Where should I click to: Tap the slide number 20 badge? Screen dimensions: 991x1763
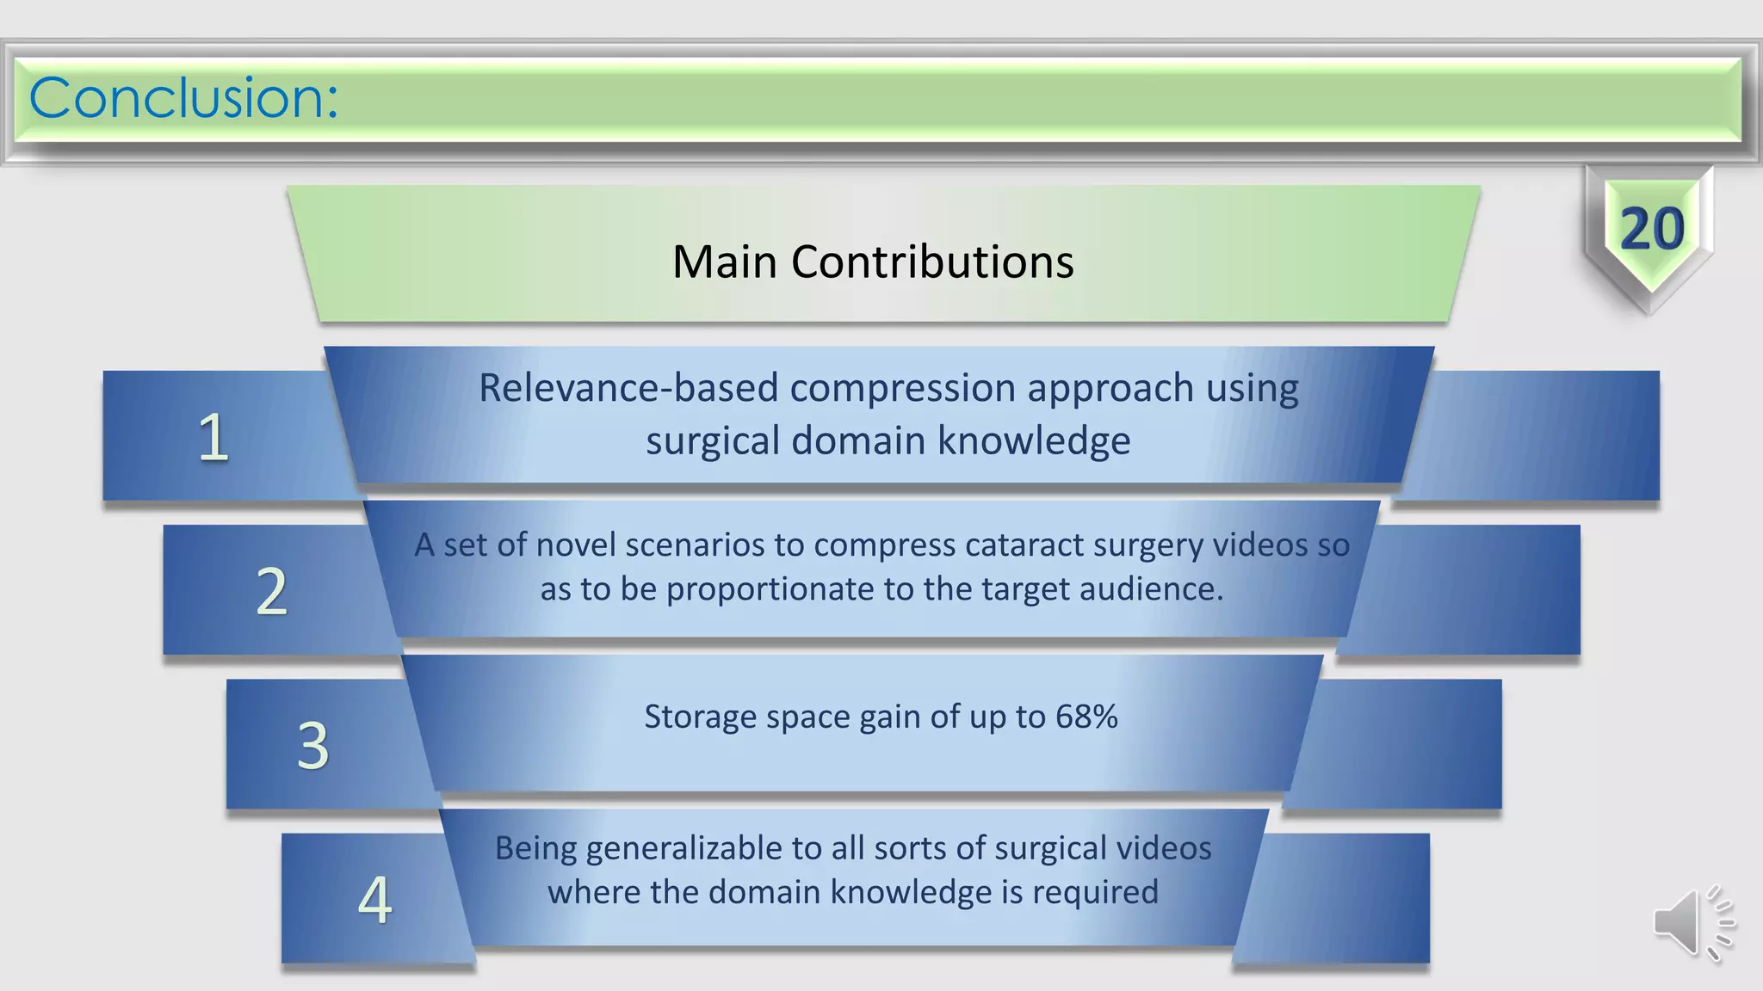[1651, 230]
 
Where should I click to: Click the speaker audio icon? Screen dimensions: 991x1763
[1692, 923]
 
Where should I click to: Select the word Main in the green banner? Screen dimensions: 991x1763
[725, 262]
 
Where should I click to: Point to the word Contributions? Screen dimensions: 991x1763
[932, 262]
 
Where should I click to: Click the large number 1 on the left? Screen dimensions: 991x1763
[213, 438]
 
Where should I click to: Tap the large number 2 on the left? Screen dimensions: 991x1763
[272, 592]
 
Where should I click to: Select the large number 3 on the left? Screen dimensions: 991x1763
[313, 746]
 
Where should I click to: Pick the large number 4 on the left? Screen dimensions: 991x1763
[375, 901]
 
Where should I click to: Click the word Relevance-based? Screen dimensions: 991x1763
[628, 388]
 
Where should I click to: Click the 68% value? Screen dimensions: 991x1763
[1086, 717]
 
